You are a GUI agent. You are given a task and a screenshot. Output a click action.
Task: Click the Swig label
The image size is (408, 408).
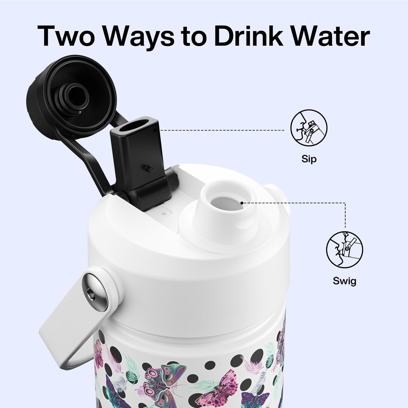point(344,280)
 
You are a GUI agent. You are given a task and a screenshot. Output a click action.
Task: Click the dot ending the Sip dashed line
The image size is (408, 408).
point(155,130)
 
